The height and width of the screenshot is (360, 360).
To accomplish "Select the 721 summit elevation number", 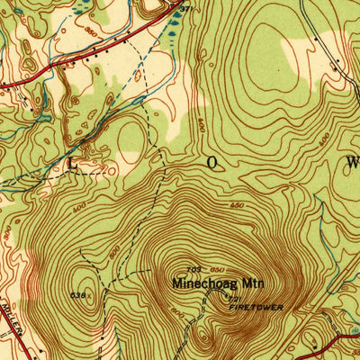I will (x=236, y=299).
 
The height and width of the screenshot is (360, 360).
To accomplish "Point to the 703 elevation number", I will (x=193, y=269).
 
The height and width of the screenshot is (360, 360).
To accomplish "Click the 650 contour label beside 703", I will (x=217, y=269).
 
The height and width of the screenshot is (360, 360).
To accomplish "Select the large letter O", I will (x=213, y=163).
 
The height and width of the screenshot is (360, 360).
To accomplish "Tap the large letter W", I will (x=352, y=163).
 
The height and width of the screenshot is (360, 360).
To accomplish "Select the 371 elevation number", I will (x=185, y=8).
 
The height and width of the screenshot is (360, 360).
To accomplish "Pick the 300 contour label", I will (x=8, y=233).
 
